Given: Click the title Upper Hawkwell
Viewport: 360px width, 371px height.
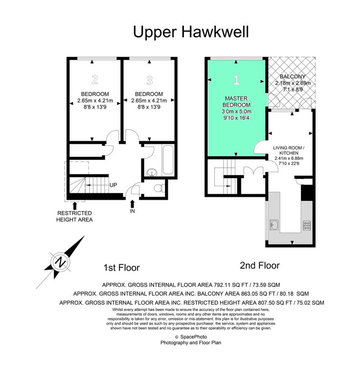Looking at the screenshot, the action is [x=191, y=32].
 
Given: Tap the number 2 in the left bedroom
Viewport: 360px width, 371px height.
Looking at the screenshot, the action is [x=95, y=80].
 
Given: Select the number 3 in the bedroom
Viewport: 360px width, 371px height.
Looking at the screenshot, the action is [x=149, y=80].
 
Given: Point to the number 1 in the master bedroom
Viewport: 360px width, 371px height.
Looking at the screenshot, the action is [x=236, y=80].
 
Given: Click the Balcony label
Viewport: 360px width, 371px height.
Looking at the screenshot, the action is [x=293, y=77].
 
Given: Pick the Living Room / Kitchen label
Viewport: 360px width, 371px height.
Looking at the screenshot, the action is [x=289, y=150].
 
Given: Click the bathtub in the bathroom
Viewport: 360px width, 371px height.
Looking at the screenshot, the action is [x=168, y=160].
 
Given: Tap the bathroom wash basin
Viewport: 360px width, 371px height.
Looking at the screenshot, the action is [x=152, y=172].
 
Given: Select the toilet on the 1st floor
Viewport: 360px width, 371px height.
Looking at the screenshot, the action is [x=159, y=188].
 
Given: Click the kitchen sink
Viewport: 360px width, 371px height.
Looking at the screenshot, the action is [x=274, y=224].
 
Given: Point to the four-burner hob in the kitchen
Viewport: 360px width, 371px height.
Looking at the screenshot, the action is [x=307, y=225].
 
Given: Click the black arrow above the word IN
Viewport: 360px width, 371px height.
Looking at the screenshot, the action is [x=133, y=204].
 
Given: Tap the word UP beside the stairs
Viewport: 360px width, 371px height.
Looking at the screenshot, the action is [x=113, y=185].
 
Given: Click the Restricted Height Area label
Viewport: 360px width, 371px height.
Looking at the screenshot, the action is [x=75, y=217].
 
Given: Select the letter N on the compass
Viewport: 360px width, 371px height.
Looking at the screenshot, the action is [x=61, y=262].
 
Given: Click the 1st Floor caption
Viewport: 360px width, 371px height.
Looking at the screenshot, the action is [x=121, y=268].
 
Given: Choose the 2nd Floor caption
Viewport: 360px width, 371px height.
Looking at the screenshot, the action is [x=260, y=266].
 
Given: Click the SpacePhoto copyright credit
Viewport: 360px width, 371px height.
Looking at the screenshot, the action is [x=191, y=337].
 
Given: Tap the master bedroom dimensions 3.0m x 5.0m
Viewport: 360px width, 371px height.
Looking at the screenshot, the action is [x=236, y=111].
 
